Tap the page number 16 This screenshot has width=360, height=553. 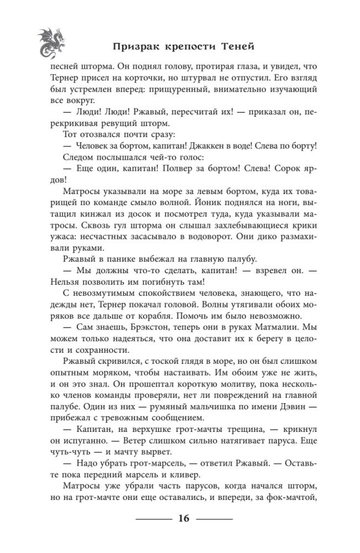(x=184, y=518)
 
